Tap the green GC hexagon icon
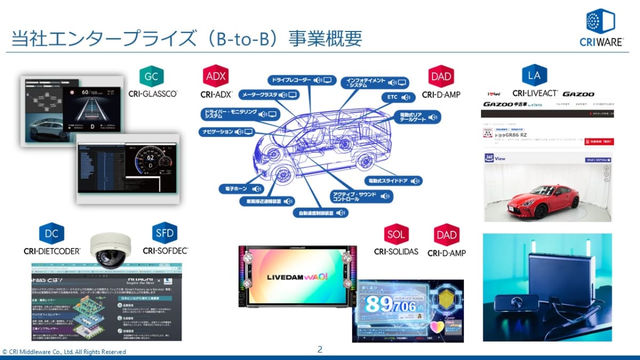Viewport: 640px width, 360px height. click(151, 77)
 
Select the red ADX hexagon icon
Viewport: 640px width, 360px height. click(215, 77)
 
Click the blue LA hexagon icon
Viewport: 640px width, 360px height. click(534, 76)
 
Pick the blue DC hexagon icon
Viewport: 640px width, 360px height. click(52, 233)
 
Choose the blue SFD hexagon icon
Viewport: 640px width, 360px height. click(164, 233)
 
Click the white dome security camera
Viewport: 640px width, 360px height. click(109, 250)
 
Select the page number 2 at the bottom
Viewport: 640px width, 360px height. click(319, 350)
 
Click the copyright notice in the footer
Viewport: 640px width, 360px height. click(64, 352)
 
